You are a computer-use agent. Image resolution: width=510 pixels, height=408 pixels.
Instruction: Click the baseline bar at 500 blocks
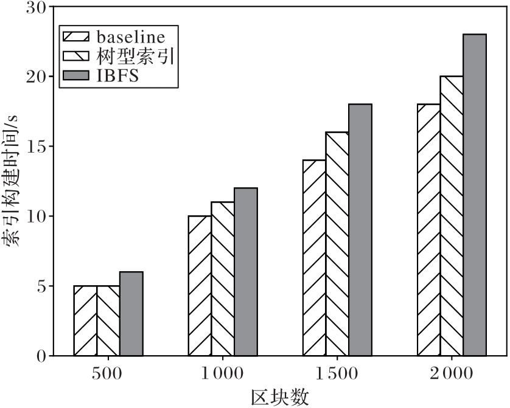pyautogui.click(x=85, y=320)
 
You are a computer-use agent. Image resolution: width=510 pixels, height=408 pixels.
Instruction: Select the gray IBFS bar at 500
pyautogui.click(x=131, y=314)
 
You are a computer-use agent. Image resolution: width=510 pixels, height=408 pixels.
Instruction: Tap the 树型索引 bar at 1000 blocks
pyautogui.click(x=223, y=278)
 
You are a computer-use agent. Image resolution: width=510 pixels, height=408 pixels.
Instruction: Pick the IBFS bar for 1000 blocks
pyautogui.click(x=246, y=272)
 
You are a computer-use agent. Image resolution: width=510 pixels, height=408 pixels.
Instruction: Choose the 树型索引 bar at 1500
pyautogui.click(x=337, y=244)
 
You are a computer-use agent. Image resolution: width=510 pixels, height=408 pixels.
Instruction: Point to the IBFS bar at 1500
pyautogui.click(x=360, y=230)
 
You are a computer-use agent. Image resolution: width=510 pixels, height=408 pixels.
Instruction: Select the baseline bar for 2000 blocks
pyautogui.click(x=429, y=230)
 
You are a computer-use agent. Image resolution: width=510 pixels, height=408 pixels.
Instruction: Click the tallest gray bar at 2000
pyautogui.click(x=475, y=195)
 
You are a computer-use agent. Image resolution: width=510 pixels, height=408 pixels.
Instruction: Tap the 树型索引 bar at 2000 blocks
pyautogui.click(x=452, y=216)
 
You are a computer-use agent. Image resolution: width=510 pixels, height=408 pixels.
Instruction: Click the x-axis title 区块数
pyautogui.click(x=279, y=396)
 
